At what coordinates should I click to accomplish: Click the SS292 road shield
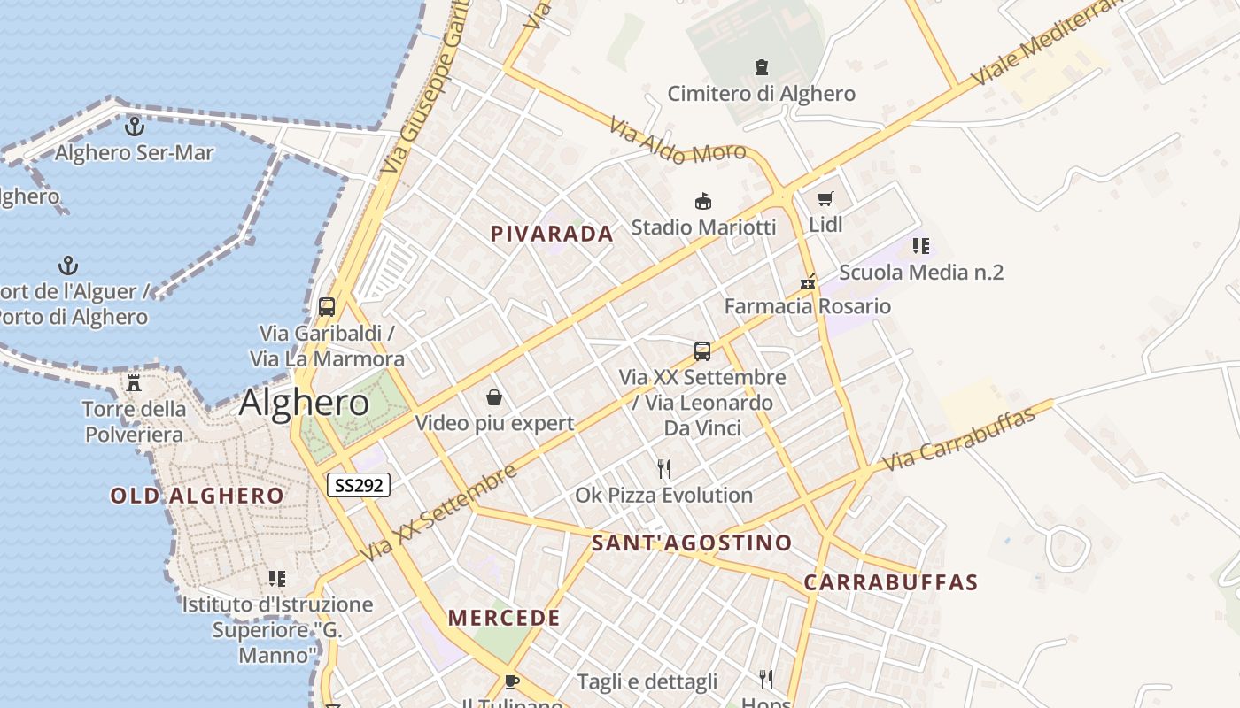pos(359,485)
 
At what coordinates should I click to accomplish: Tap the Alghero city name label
pos(304,404)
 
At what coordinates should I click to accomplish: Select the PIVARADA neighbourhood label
pos(552,234)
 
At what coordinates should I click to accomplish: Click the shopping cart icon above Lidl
pos(825,198)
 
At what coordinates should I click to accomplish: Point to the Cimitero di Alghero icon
pos(761,66)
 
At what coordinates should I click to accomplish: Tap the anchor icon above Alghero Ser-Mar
pos(134,127)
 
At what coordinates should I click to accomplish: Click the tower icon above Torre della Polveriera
pos(134,382)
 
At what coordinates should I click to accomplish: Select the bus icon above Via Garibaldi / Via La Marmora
pos(327,307)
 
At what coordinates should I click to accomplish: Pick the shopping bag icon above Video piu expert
pos(494,397)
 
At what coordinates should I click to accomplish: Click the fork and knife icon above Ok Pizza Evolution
pos(663,468)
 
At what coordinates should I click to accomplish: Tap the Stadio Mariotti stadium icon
pos(703,201)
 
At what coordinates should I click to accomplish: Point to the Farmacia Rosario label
pos(808,306)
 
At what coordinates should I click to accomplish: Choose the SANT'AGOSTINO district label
pos(692,543)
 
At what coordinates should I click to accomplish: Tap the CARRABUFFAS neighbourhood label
pos(891,582)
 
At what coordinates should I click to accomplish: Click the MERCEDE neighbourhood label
pos(504,618)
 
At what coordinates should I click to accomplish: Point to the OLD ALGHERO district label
pos(197,496)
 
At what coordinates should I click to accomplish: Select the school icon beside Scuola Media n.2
pos(921,246)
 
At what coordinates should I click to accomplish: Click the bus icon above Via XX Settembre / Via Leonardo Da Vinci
pos(702,350)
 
